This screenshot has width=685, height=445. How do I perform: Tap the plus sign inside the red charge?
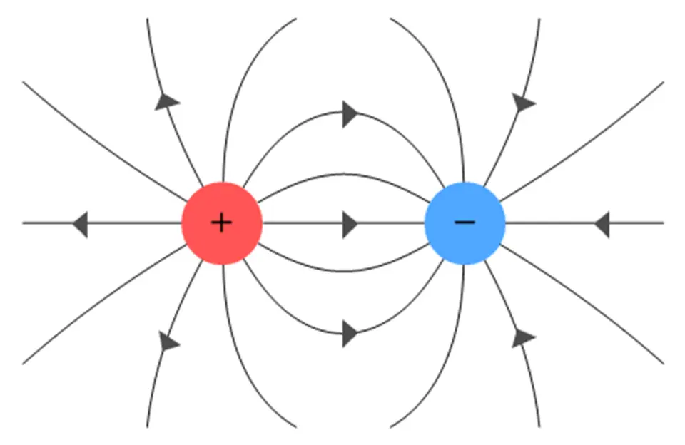click(x=222, y=223)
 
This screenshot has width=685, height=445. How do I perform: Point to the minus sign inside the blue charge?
click(x=465, y=222)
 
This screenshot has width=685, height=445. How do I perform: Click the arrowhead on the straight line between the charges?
click(x=349, y=224)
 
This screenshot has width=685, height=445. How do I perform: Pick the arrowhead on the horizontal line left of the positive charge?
click(x=80, y=224)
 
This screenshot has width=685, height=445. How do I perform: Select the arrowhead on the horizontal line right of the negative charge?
click(x=602, y=224)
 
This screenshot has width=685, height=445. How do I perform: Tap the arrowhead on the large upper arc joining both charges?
click(x=349, y=114)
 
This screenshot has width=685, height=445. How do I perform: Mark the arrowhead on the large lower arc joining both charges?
click(x=349, y=333)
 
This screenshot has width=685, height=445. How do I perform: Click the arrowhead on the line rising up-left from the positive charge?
click(x=166, y=101)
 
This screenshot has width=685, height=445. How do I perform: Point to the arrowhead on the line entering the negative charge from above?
click(x=523, y=103)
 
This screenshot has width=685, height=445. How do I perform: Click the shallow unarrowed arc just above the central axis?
click(x=343, y=174)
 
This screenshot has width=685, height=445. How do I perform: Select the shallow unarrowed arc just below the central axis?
click(x=343, y=271)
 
